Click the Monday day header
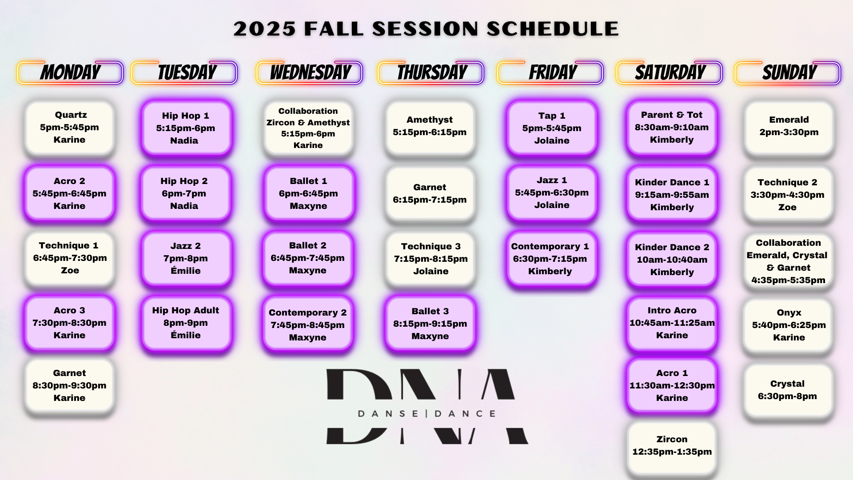coord(70,72)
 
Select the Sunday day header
coord(788,72)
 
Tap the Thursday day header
coord(430,72)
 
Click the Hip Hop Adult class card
coord(186,323)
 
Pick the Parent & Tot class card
coord(672,128)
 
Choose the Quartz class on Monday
coord(70,128)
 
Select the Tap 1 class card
coord(552,128)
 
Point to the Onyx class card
coord(789,325)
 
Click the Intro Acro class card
coord(672,323)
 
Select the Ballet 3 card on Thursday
coord(430,324)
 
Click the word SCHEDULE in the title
coord(553,29)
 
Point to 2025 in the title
coord(264,29)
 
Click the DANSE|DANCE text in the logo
coord(426,414)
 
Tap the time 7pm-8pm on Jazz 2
coord(186,258)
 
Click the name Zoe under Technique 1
coord(70,270)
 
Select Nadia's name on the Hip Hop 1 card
coord(184,140)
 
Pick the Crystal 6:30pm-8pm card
coord(788,390)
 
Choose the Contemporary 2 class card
coord(307,325)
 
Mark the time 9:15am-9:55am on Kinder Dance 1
coord(672,195)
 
